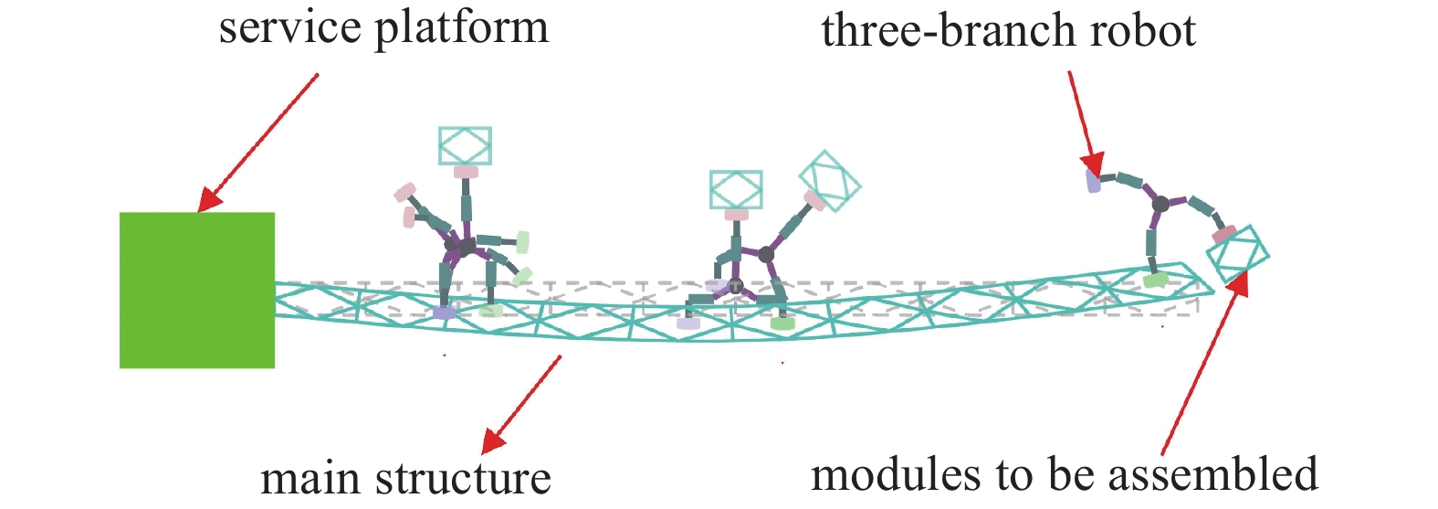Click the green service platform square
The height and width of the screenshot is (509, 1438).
point(197,290)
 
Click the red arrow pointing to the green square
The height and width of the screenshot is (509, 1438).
point(259,142)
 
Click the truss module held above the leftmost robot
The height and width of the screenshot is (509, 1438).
point(465,145)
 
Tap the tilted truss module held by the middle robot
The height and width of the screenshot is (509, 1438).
point(829,180)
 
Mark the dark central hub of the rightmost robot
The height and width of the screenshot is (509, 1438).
point(1160,204)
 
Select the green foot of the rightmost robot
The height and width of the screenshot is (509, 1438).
point(1156,280)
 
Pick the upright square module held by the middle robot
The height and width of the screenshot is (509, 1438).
point(736,189)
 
